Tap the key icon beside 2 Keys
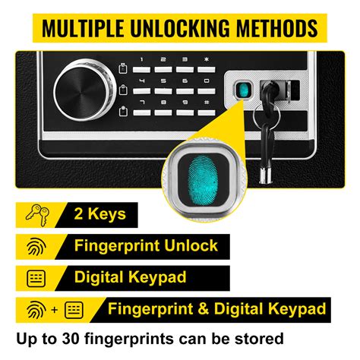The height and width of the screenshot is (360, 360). pyautogui.click(x=36, y=215)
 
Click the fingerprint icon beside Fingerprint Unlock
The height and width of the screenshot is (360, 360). pyautogui.click(x=36, y=246)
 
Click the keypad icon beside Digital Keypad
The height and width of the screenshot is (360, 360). pyautogui.click(x=36, y=277)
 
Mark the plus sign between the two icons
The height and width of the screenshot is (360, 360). pyautogui.click(x=55, y=309)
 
